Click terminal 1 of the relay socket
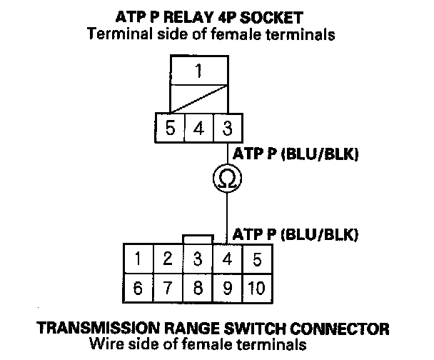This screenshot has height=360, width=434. [x=199, y=70]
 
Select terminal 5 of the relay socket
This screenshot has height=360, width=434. [x=170, y=128]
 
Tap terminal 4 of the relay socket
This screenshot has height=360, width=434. [x=199, y=128]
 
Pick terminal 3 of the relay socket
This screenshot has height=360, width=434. [x=228, y=128]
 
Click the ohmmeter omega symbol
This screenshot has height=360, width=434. [x=227, y=179]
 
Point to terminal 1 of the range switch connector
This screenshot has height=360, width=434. [x=138, y=259]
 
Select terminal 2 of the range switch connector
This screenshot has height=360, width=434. [x=168, y=259]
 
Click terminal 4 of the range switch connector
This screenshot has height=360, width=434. [x=228, y=259]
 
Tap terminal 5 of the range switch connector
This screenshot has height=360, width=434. [x=258, y=259]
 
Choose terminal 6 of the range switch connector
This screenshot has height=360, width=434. [x=138, y=288]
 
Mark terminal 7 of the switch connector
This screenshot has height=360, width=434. [x=168, y=288]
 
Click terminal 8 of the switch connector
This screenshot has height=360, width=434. [x=198, y=288]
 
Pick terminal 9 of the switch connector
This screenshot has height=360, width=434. [x=228, y=288]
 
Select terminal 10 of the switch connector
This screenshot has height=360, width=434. [x=258, y=288]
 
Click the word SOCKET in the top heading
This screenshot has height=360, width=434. [x=271, y=18]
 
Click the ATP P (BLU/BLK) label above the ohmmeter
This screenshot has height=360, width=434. [x=296, y=154]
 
